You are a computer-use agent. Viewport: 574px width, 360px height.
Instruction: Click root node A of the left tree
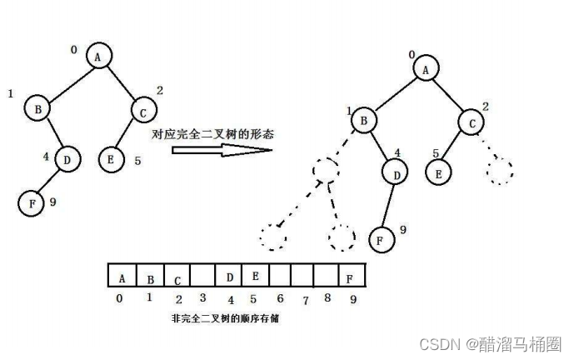97,56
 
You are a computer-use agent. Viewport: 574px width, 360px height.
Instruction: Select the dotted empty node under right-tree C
499,171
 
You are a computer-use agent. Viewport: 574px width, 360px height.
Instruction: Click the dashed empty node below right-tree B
325,171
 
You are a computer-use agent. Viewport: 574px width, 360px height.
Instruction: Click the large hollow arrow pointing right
221,150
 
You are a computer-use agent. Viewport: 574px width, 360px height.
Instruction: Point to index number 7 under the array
306,299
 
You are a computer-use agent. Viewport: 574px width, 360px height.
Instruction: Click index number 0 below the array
119,298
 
